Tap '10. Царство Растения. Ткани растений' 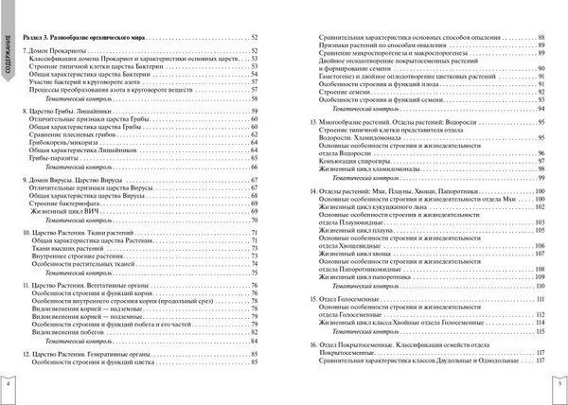click(x=84, y=205)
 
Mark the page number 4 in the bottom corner click(x=9, y=388)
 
